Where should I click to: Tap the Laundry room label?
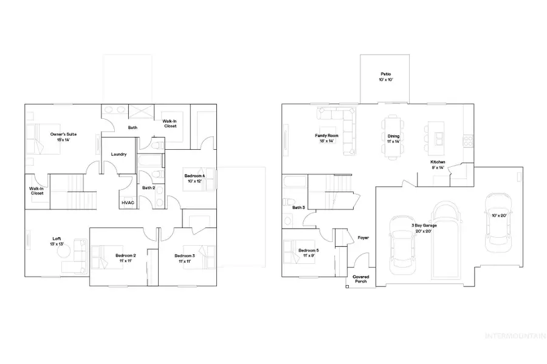tap(119, 154)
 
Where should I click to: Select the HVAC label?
tap(128, 203)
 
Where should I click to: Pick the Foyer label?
tap(363, 238)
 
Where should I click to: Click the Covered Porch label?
tap(360, 279)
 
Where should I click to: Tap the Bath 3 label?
tap(298, 207)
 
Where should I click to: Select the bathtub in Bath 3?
tap(295, 183)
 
